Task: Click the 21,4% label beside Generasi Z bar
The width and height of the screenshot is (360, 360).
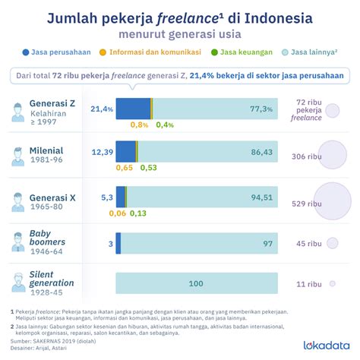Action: [101, 109]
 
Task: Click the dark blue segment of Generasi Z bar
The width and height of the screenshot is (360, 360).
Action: [132, 109]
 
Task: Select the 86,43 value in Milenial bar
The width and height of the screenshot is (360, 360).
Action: [261, 153]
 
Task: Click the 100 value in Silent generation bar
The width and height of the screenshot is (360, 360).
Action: [196, 283]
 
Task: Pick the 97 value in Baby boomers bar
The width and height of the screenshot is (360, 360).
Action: [267, 243]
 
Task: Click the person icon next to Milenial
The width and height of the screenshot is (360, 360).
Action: [17, 156]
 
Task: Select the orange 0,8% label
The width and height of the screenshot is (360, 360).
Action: [139, 125]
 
